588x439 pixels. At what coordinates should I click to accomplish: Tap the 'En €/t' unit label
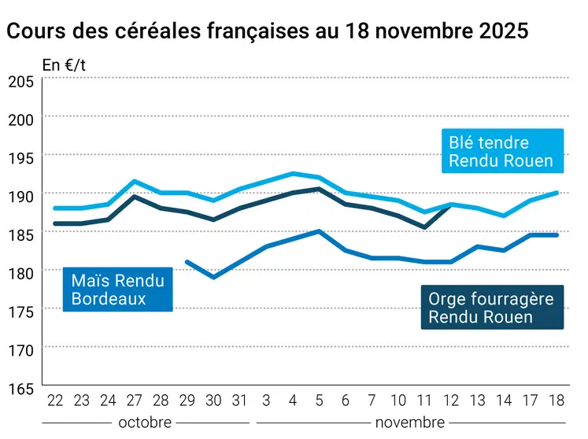click(x=63, y=65)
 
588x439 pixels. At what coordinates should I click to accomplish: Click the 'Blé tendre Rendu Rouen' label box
click(x=500, y=153)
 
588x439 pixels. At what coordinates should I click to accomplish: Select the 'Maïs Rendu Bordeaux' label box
click(x=117, y=289)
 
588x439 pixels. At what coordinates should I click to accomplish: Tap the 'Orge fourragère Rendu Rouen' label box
click(x=491, y=308)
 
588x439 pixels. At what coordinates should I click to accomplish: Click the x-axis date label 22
click(x=55, y=400)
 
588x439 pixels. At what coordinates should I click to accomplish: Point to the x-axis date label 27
click(x=135, y=400)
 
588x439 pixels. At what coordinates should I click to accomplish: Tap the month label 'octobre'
click(x=145, y=422)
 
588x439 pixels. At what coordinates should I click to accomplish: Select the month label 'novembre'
click(x=409, y=422)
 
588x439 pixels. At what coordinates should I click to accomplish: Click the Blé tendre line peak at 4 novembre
click(x=294, y=174)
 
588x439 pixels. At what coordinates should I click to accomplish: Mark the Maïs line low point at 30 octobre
click(x=214, y=277)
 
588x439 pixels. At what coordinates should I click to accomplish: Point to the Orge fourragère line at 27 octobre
click(x=135, y=197)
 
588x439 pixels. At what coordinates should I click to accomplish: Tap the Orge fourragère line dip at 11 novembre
click(x=425, y=227)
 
